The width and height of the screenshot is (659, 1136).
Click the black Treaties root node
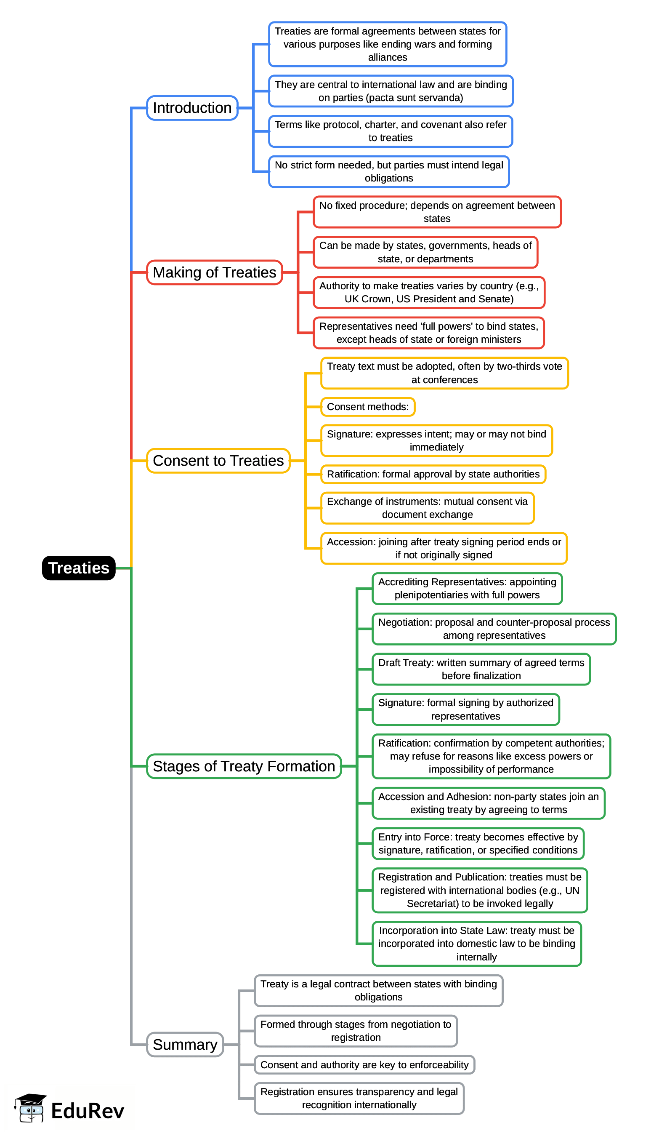(x=78, y=568)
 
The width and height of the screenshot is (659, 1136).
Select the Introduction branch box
(x=192, y=108)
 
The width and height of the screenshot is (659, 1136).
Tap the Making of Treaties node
(x=215, y=272)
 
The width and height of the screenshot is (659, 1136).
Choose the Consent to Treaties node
(x=218, y=461)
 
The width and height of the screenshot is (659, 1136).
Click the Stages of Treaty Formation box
(x=244, y=766)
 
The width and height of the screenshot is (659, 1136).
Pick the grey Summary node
(x=185, y=1045)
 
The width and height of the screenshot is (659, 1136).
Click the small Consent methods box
(x=367, y=407)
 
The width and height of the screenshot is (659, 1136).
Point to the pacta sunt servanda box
(x=391, y=91)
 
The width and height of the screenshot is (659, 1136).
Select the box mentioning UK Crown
(x=429, y=293)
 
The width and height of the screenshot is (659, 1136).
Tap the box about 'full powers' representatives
(x=428, y=333)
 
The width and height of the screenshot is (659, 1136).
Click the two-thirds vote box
(x=444, y=373)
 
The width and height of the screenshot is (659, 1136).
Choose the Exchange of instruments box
(x=427, y=508)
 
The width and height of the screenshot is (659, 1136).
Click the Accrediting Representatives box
(x=467, y=588)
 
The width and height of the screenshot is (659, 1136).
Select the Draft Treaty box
(x=481, y=669)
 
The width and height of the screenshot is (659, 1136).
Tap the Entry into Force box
(x=478, y=843)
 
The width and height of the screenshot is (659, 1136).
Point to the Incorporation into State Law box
(x=476, y=944)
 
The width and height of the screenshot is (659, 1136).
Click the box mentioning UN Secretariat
(x=479, y=891)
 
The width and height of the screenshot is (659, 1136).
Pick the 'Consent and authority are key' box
(x=364, y=1065)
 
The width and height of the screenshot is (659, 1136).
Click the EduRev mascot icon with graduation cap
(x=31, y=1108)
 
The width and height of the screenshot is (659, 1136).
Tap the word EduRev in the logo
(x=88, y=1111)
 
